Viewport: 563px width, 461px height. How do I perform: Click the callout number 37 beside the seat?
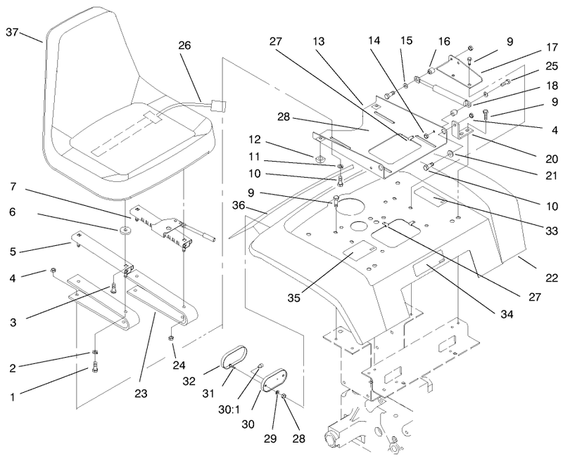pyautogui.click(x=12, y=32)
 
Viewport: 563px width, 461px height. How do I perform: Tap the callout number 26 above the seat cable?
pyautogui.click(x=184, y=46)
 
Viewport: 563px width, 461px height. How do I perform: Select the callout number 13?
pyautogui.click(x=318, y=41)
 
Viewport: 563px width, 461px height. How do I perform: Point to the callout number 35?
pyautogui.click(x=293, y=297)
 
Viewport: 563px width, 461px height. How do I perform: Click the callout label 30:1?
pyautogui.click(x=229, y=410)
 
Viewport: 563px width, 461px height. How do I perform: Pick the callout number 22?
pyautogui.click(x=552, y=278)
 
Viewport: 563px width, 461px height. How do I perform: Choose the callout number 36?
pyautogui.click(x=239, y=205)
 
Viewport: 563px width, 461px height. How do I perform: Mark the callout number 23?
pyautogui.click(x=141, y=394)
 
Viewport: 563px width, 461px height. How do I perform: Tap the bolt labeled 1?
pyautogui.click(x=95, y=367)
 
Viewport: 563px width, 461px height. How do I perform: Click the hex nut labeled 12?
pyautogui.click(x=320, y=157)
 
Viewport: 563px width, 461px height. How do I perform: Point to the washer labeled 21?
pyautogui.click(x=450, y=154)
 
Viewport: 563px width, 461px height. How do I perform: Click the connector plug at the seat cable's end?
pyautogui.click(x=219, y=107)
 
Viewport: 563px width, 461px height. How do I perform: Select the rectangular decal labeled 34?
pyautogui.click(x=429, y=268)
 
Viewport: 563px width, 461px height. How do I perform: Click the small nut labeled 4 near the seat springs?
pyautogui.click(x=53, y=270)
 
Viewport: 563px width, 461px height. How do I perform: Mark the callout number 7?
pyautogui.click(x=13, y=186)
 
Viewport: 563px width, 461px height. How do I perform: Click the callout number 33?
pyautogui.click(x=552, y=231)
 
